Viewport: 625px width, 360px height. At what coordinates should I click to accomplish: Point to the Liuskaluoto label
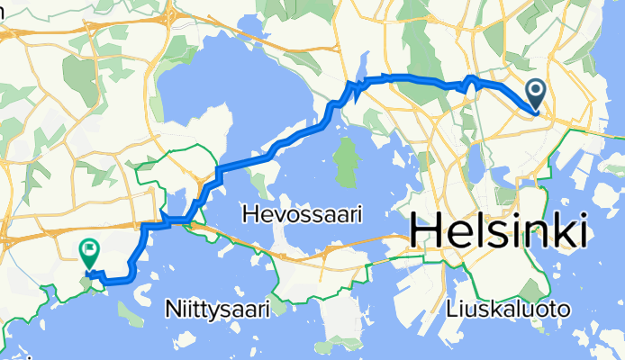pos(508,310)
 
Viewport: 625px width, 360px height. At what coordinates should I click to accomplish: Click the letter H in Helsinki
pos(425,233)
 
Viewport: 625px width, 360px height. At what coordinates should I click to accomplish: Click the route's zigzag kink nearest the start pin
pos(467,85)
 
